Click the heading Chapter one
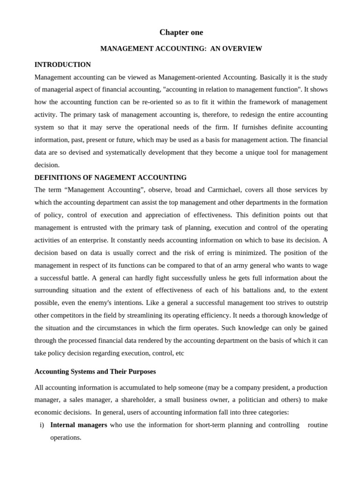pos(181,32)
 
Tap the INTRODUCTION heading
pos(62,65)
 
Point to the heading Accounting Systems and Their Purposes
pos(95,372)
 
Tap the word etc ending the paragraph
pos(179,353)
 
